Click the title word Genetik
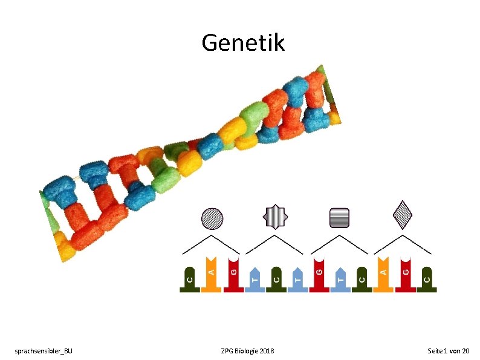click(243, 42)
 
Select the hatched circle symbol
click(212, 218)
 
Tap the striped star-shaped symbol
click(276, 215)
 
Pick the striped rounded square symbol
click(339, 218)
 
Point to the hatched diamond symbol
click(403, 213)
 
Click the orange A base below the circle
click(211, 275)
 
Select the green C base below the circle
click(189, 279)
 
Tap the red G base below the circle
click(233, 275)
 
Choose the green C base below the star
click(276, 279)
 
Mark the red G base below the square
click(319, 275)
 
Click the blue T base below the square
click(340, 279)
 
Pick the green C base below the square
click(362, 279)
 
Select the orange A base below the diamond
click(383, 275)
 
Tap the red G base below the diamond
click(406, 275)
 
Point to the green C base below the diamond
click(427, 279)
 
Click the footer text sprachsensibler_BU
click(44, 351)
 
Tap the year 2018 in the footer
click(267, 351)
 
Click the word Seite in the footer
click(435, 351)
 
